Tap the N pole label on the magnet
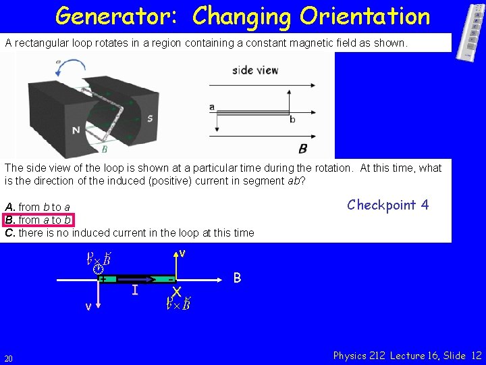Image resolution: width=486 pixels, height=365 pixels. [x=76, y=130]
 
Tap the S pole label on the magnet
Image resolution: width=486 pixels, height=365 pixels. [x=150, y=118]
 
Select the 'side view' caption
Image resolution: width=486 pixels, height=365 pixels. [x=255, y=70]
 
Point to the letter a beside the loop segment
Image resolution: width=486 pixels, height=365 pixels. [x=212, y=107]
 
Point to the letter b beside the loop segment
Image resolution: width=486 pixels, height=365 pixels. [x=292, y=120]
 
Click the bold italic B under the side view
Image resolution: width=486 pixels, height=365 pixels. [x=303, y=148]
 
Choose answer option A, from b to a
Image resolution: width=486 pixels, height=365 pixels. [x=38, y=207]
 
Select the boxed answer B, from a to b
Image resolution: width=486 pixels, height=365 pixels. [x=38, y=220]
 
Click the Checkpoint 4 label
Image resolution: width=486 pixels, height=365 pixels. [x=387, y=205]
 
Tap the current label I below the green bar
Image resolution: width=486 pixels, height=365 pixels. [x=135, y=290]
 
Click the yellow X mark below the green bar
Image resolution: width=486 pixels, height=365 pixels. [x=177, y=291]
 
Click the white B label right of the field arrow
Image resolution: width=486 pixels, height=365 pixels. [x=238, y=277]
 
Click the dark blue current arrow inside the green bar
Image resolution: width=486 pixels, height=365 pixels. [x=145, y=278]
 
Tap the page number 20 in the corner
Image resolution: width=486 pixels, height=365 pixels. [x=8, y=358]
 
